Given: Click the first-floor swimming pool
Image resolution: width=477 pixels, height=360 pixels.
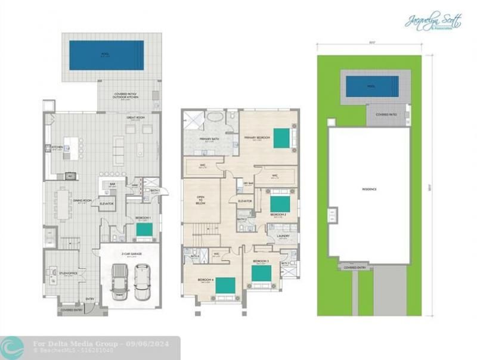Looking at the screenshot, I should (x=107, y=55).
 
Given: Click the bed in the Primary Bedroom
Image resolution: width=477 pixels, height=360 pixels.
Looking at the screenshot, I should (x=281, y=138).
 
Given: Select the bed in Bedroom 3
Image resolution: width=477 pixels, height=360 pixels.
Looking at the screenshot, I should (x=262, y=274).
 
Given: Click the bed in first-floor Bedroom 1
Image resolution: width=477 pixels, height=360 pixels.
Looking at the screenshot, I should (x=144, y=229).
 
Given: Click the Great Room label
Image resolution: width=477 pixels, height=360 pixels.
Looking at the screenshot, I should (x=133, y=118).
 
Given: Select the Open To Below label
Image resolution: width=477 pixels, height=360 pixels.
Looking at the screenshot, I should (x=201, y=200).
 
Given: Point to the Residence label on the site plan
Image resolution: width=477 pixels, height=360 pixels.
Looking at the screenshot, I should (x=369, y=189).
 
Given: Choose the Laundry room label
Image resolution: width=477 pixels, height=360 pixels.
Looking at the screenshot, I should (x=283, y=236).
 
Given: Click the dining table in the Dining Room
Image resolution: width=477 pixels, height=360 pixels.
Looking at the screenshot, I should (x=64, y=203).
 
